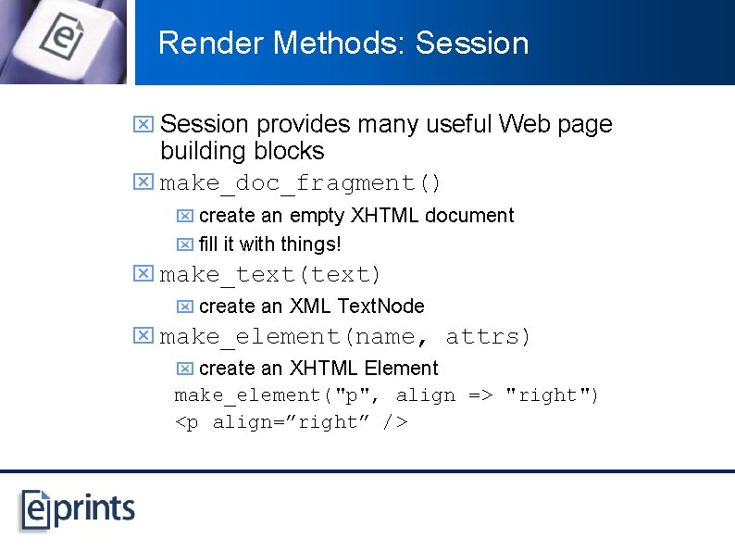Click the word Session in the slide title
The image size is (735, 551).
click(x=472, y=43)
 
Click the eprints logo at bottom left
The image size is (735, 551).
click(x=78, y=508)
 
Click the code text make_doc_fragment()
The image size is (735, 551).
click(x=301, y=183)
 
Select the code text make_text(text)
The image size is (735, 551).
click(x=270, y=275)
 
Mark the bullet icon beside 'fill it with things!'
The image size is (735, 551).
click(x=184, y=245)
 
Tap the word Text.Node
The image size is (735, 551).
click(x=381, y=306)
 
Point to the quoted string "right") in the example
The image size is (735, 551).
click(x=552, y=395)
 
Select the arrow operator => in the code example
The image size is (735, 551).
click(x=480, y=395)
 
